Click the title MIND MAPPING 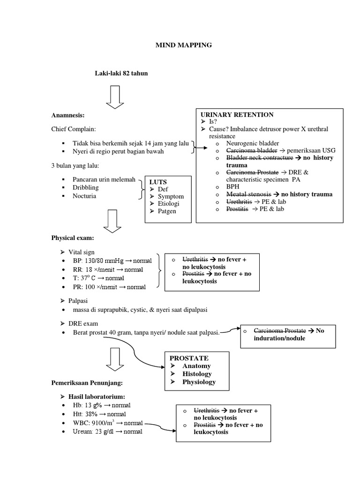coord(183,45)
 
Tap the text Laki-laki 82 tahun coord(121,73)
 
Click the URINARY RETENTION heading coord(237,115)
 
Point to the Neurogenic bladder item coord(252,143)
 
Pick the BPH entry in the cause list coord(233,187)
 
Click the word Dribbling coord(86,188)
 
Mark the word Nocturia coord(84,196)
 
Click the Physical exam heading coord(73,238)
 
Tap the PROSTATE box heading coord(189,358)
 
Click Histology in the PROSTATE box coord(197,374)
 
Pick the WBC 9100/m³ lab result coord(108,423)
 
